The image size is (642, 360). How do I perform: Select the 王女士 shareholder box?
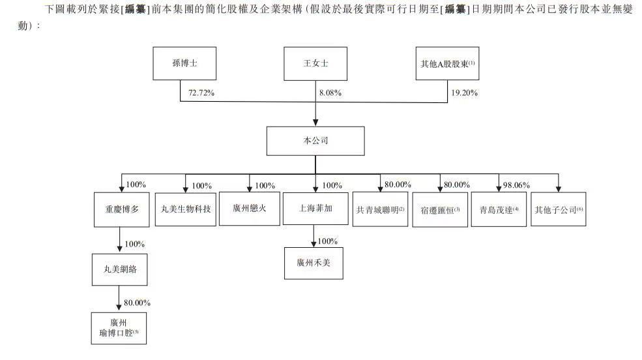(x=315, y=65)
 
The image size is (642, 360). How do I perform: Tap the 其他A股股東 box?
(x=446, y=65)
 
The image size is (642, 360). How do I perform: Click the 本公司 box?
(x=315, y=140)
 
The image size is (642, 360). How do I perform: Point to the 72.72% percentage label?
(x=201, y=93)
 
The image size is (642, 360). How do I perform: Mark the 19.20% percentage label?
(x=464, y=93)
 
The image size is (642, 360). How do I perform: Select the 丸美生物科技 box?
(x=186, y=209)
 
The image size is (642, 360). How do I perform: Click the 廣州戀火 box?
(x=248, y=209)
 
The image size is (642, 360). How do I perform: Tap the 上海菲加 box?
(x=314, y=209)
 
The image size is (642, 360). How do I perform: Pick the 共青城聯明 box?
(x=381, y=209)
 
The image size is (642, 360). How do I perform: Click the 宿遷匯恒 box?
(x=440, y=209)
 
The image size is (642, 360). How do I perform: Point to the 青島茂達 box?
(x=498, y=209)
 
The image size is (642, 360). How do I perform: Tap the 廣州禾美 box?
(x=314, y=263)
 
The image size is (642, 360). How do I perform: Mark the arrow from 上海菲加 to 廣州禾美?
(x=315, y=236)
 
